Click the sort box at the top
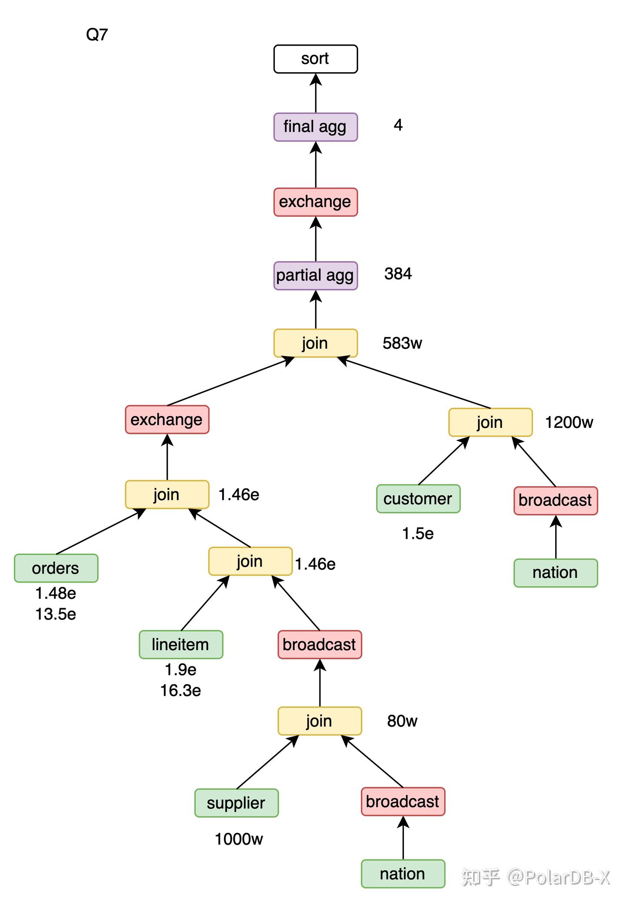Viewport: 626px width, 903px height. [x=315, y=59]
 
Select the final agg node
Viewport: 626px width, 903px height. [x=315, y=127]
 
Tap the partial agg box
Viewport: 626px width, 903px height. [x=315, y=275]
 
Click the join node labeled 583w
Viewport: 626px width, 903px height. [x=315, y=343]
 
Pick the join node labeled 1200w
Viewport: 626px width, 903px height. [x=490, y=422]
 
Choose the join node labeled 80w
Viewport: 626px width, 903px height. [x=320, y=721]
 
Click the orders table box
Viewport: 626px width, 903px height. [x=56, y=568]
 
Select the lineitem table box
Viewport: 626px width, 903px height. [x=180, y=645]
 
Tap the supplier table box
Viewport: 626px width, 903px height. [x=236, y=803]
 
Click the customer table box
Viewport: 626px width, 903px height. [x=418, y=499]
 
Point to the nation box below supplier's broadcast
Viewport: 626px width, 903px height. [x=403, y=873]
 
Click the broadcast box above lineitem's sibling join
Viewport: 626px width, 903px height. [x=320, y=645]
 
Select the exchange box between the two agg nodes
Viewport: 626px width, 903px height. [x=315, y=202]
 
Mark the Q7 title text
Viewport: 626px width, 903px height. [x=97, y=34]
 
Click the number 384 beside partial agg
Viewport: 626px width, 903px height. [x=398, y=274]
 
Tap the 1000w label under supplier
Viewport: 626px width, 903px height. [x=239, y=839]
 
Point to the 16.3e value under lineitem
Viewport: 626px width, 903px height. [x=180, y=691]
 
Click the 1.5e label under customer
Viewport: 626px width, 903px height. [x=418, y=534]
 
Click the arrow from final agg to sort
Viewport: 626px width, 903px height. [x=316, y=93]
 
